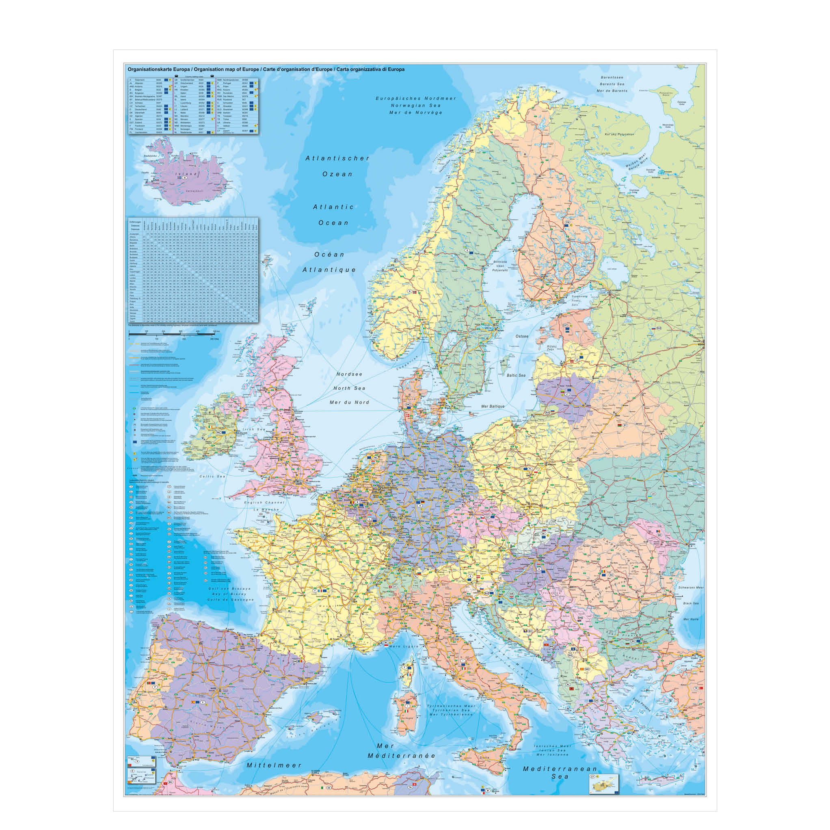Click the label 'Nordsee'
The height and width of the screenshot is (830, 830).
click(349, 374)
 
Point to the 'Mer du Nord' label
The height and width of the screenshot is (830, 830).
click(350, 402)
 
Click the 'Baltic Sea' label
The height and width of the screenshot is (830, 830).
click(516, 375)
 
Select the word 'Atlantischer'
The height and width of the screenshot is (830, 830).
click(338, 158)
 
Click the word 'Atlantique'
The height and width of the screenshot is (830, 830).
click(329, 270)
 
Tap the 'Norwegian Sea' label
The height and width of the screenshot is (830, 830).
click(416, 105)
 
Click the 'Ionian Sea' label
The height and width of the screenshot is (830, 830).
click(551, 734)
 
